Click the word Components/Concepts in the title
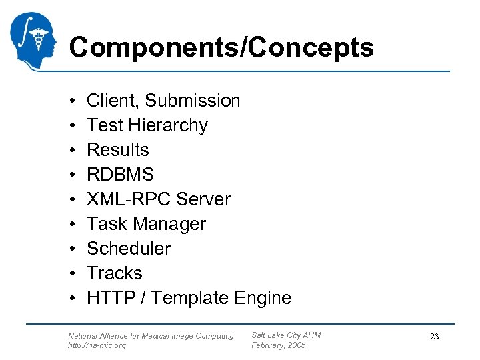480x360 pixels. (221, 47)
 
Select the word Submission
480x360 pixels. (192, 101)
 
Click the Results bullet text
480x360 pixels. (118, 150)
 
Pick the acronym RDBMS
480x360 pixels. (120, 175)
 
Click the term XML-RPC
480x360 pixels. (127, 199)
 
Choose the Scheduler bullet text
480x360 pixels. (129, 249)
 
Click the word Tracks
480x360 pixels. (115, 273)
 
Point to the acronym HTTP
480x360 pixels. (109, 298)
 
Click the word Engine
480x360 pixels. (263, 298)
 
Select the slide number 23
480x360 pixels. (434, 337)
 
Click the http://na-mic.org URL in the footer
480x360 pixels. (97, 345)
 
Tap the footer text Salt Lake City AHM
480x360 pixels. (286, 335)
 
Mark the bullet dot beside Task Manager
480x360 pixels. (71, 224)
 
